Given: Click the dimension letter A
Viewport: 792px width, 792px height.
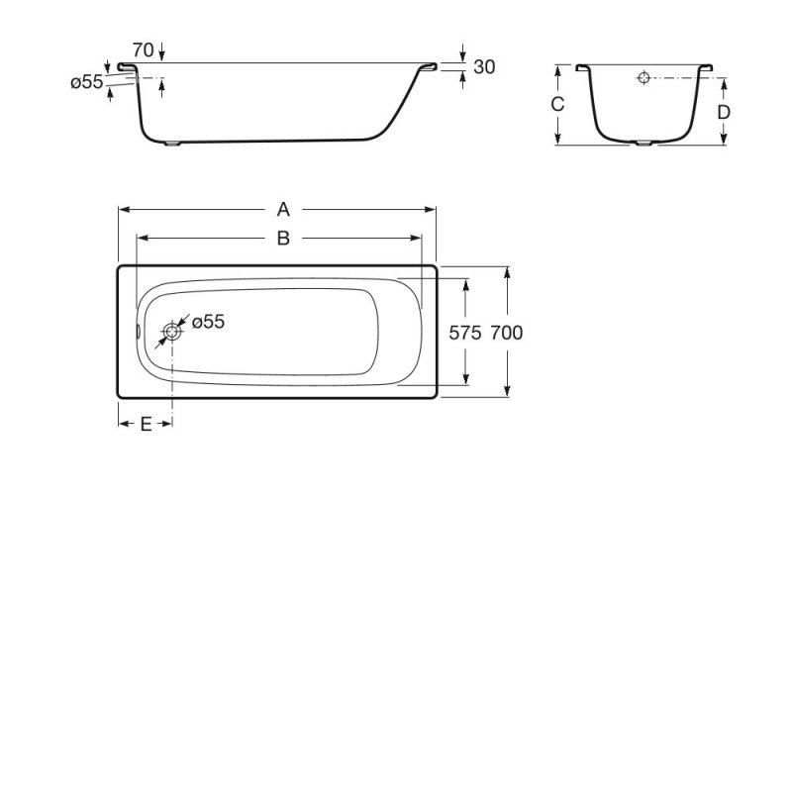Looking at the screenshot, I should click(283, 209).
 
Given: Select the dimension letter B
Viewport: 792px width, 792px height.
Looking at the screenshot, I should click(283, 239).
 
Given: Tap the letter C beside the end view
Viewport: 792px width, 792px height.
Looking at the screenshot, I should click(557, 105).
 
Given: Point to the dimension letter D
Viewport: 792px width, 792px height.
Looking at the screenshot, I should click(724, 112).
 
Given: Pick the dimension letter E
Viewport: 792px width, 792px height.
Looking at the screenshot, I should click(146, 424).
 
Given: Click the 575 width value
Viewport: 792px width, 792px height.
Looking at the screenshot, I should click(465, 334).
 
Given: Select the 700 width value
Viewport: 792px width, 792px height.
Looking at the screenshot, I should click(506, 334).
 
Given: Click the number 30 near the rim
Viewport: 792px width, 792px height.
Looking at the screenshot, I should click(484, 67).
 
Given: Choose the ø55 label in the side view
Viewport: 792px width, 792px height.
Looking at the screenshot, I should click(87, 83).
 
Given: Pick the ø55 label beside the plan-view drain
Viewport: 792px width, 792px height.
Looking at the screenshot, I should click(208, 322).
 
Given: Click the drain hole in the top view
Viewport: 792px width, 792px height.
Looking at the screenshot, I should click(173, 333).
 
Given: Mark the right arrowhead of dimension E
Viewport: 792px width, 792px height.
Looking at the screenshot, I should click(168, 424).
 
